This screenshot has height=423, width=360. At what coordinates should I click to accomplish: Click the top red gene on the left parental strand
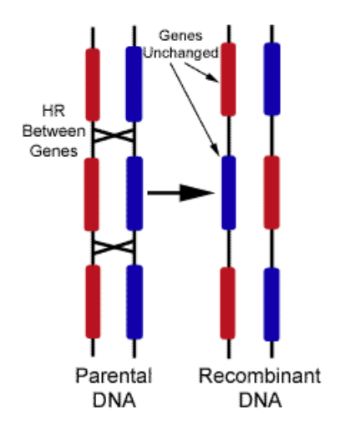93,85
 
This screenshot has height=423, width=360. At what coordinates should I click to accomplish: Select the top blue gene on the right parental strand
134,84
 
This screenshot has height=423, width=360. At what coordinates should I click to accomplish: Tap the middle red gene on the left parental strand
92,194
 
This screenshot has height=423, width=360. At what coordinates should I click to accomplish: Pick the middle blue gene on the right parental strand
134,194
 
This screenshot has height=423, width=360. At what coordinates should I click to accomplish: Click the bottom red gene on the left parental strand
93,302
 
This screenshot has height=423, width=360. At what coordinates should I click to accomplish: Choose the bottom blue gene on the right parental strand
134,302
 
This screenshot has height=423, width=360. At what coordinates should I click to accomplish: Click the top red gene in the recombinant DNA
228,79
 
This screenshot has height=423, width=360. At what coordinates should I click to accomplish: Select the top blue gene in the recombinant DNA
272,78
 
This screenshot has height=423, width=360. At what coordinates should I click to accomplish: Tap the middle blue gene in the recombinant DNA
229,193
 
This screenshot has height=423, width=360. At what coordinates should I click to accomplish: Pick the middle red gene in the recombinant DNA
271,193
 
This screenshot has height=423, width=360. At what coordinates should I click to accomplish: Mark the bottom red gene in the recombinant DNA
228,304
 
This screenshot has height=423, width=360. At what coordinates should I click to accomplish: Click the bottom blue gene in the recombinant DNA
271,305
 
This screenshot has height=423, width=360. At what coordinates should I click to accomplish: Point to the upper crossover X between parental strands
114,135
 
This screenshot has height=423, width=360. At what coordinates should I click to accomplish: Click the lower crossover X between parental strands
114,247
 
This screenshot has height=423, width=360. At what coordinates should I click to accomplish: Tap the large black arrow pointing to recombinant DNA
180,193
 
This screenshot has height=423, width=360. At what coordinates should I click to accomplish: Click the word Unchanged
181,53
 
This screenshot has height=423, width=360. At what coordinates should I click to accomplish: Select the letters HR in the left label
53,111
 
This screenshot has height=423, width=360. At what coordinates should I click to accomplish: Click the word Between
53,131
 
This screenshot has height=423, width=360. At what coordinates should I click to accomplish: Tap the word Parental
114,375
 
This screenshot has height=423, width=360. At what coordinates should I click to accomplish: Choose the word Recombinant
260,376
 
